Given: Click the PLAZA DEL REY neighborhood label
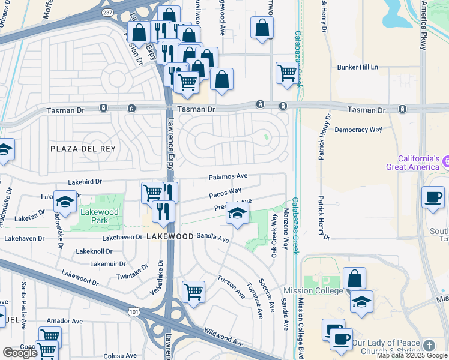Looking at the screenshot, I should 83,148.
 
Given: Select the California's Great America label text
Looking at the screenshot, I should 414,163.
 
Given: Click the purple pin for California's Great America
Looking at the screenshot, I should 447,161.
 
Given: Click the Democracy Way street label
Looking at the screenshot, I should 358,130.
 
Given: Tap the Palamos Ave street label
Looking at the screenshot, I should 228,177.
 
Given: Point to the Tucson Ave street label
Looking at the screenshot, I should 231,287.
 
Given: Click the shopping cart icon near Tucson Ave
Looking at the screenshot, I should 193,292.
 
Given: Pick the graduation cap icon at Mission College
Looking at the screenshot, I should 361,302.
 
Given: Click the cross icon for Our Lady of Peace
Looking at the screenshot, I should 429,346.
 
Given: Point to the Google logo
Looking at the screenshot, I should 20,353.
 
